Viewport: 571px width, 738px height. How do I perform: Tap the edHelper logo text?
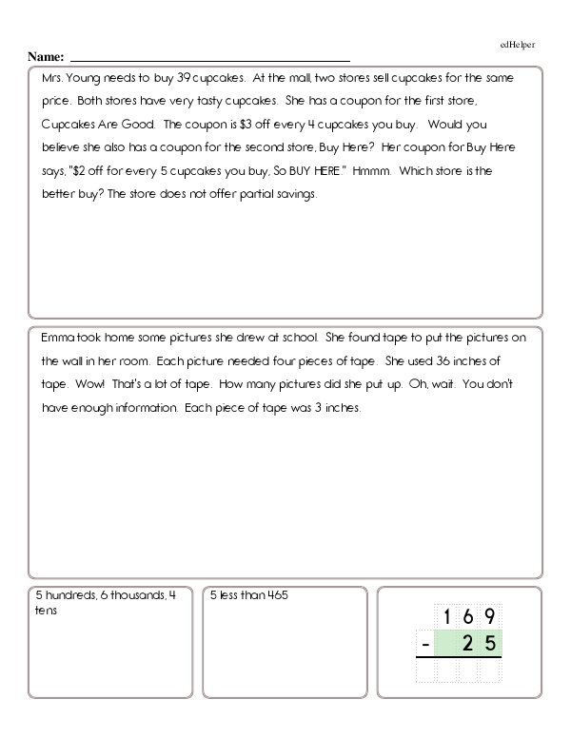518,45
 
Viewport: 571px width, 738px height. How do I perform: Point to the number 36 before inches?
447,361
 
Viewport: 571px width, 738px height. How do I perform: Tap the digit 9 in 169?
490,616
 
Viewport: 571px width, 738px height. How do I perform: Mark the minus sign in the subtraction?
423,646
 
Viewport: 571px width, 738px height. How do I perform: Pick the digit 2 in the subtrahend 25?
469,645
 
